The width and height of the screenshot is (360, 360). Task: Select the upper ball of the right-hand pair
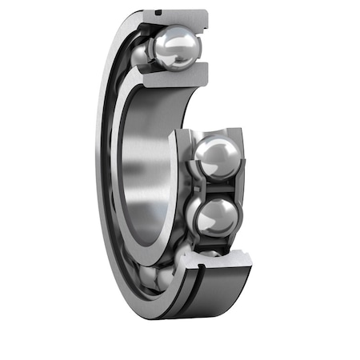point(214,156)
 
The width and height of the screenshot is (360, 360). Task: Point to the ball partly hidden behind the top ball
point(141,54)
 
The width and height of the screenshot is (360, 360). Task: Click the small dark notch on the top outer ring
point(160,13)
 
